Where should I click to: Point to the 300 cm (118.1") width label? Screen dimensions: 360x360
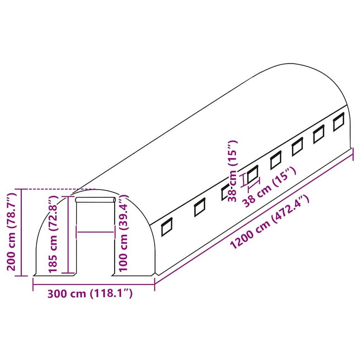coord(90,293)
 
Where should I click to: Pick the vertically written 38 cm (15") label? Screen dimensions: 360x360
coord(234,171)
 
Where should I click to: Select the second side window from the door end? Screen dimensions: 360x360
coord(199,207)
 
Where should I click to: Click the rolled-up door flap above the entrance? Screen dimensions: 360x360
coord(95,200)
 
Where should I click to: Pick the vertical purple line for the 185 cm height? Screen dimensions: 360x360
coord(68,235)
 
